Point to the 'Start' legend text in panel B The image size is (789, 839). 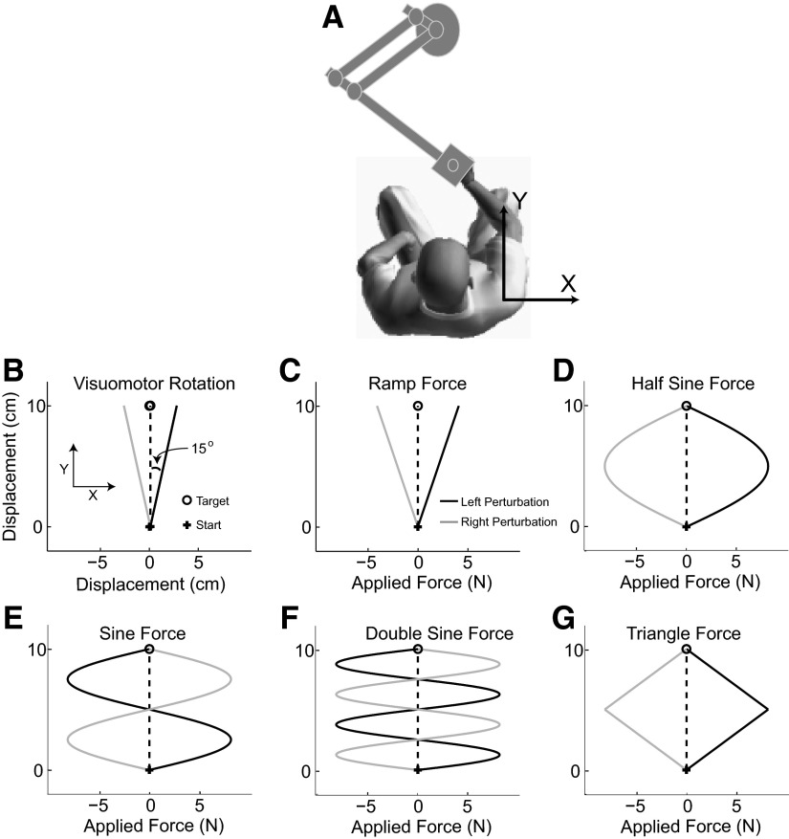tap(215, 525)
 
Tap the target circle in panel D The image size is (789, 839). tap(686, 406)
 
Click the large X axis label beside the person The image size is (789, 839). tap(567, 282)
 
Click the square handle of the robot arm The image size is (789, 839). tap(452, 166)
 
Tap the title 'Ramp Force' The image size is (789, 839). tap(418, 384)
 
